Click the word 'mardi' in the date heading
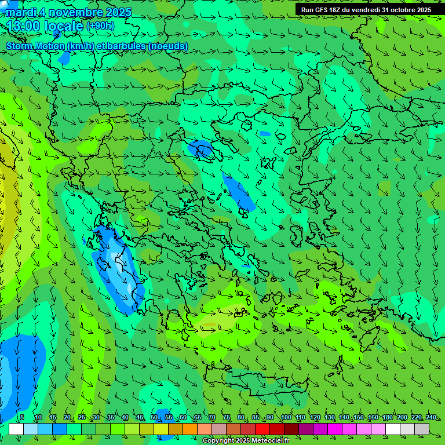pyautogui.click(x=19, y=12)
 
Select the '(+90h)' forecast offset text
pyautogui.click(x=100, y=26)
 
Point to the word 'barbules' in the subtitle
pyautogui.click(x=125, y=46)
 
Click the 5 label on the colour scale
pyautogui.click(x=22, y=418)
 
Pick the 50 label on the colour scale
pyautogui.click(x=154, y=418)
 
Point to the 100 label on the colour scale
pyautogui.click(x=286, y=418)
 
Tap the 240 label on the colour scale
pyautogui.click(x=431, y=418)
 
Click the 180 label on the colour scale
pyautogui.click(x=387, y=418)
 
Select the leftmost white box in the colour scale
pyautogui.click(x=16, y=429)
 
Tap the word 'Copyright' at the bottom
pyautogui.click(x=218, y=441)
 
